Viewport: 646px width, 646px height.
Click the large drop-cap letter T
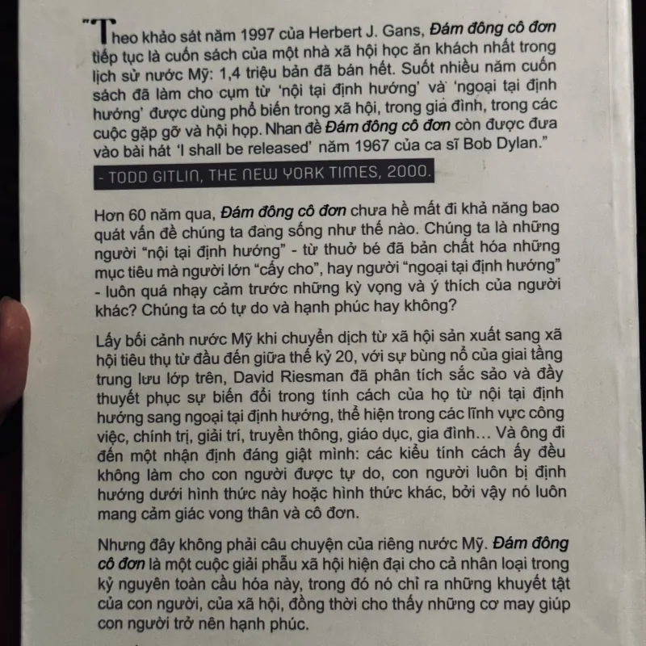(100, 32)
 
